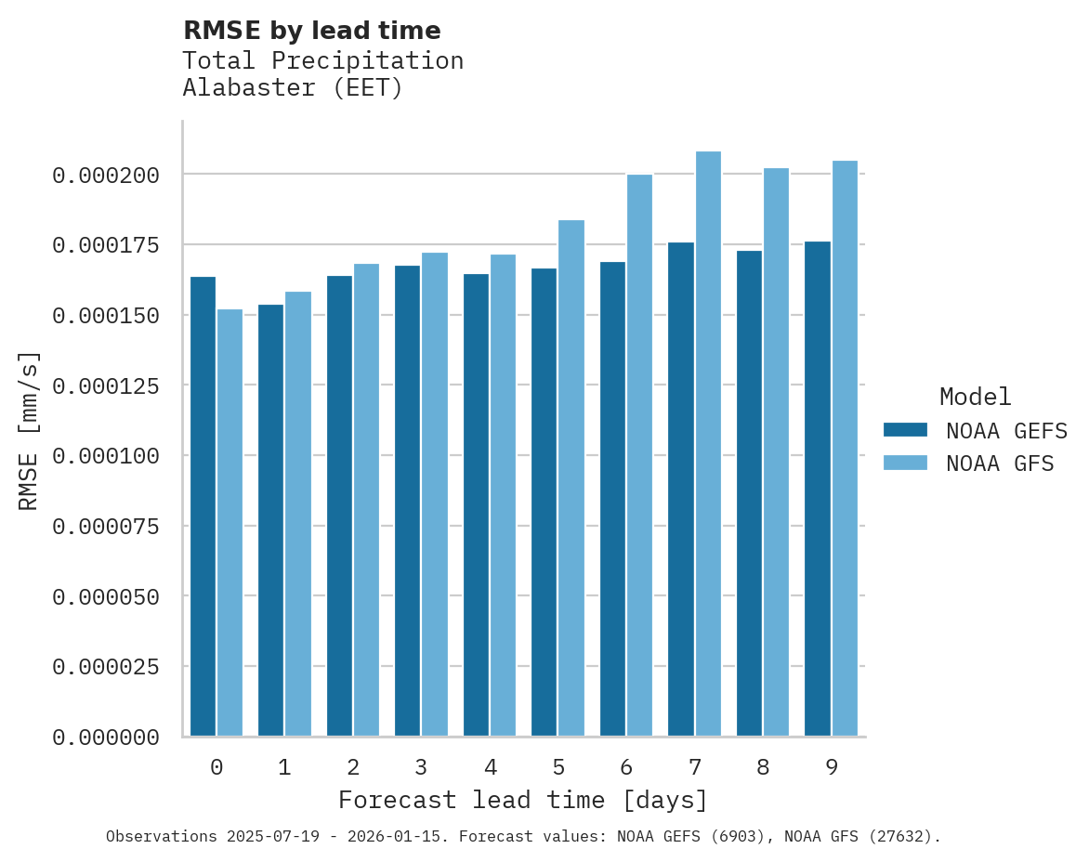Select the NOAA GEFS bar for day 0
pyautogui.click(x=203, y=506)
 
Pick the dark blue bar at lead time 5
pyautogui.click(x=544, y=502)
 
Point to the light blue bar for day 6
pyautogui.click(x=639, y=455)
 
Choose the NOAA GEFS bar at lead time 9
pyautogui.click(x=818, y=489)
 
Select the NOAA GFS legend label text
pyautogui.click(x=1000, y=463)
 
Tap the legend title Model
pyautogui.click(x=975, y=398)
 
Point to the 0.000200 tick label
pyautogui.click(x=106, y=175)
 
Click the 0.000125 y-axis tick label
pyautogui.click(x=106, y=385)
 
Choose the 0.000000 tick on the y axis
pyautogui.click(x=106, y=738)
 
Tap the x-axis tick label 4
pyautogui.click(x=490, y=767)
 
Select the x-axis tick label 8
pyautogui.click(x=763, y=767)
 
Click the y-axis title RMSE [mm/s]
pyautogui.click(x=29, y=430)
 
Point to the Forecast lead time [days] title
pyautogui.click(x=523, y=800)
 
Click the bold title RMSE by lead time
pyautogui.click(x=311, y=31)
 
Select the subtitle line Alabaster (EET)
pyautogui.click(x=293, y=88)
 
